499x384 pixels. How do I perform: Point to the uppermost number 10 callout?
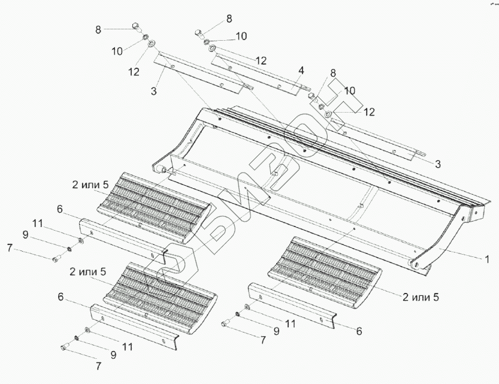241,36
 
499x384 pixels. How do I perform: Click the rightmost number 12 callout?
369,111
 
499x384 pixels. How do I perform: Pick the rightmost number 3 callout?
438,164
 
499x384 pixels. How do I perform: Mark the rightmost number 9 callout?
276,329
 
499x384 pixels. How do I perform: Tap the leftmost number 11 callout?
37,222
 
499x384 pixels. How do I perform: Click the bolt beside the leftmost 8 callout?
135,26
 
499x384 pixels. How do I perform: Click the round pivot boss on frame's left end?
161,170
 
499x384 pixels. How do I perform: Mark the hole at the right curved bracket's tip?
414,264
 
